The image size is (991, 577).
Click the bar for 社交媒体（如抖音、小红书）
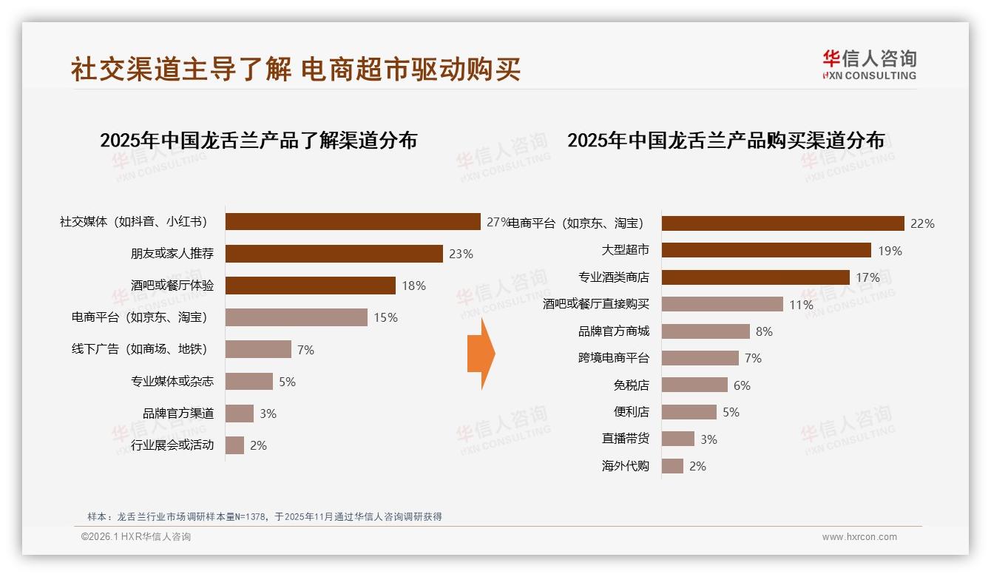(353, 222)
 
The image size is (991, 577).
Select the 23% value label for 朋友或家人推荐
(461, 254)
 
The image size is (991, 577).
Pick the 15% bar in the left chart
(296, 317)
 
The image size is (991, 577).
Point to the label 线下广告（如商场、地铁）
(139, 349)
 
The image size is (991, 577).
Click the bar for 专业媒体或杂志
(248, 382)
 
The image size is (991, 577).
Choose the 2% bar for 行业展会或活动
(234, 445)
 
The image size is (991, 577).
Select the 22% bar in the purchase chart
(782, 223)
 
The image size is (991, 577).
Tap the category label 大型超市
(626, 251)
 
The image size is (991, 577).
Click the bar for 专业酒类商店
(755, 277)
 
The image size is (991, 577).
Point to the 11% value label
(801, 305)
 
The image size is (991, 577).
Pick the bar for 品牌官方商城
(706, 331)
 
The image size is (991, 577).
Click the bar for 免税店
(694, 385)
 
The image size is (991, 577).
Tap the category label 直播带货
(626, 439)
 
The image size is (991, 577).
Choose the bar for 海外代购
(672, 466)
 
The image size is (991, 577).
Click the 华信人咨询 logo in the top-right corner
(869, 64)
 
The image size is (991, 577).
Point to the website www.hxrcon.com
(859, 537)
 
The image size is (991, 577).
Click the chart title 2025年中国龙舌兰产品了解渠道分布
(258, 140)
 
